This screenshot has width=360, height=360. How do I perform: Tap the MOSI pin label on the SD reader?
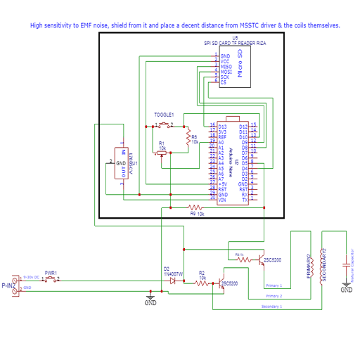click(226, 71)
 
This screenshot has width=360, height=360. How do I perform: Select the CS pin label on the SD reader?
click(224, 82)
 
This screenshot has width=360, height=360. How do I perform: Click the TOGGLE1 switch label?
click(164, 114)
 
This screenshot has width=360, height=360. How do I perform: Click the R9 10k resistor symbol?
click(196, 207)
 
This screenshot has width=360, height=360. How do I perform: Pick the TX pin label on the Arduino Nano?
click(244, 200)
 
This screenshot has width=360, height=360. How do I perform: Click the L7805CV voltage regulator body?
click(122, 162)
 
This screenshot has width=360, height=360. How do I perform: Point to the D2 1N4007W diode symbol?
click(172, 280)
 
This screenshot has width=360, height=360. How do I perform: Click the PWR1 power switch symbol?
click(51, 279)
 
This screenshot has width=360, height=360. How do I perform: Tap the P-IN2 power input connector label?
click(8, 285)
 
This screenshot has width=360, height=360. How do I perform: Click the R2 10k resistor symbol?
click(202, 283)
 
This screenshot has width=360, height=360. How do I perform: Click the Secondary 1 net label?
click(271, 307)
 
